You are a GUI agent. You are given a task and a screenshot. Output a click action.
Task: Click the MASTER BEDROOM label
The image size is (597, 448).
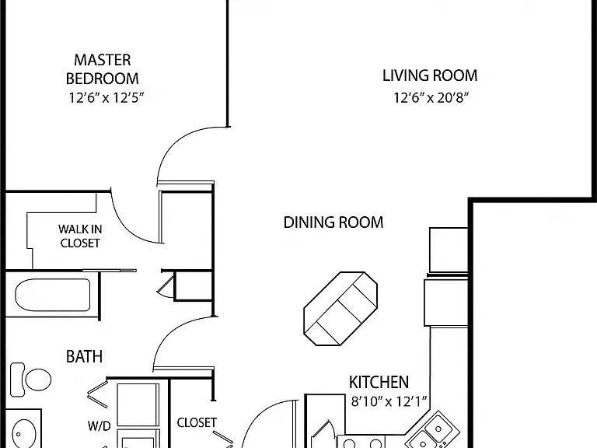103,69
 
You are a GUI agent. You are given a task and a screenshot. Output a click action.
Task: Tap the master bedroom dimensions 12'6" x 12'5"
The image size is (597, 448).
106,98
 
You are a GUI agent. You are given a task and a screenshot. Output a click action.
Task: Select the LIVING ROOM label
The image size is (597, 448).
430,75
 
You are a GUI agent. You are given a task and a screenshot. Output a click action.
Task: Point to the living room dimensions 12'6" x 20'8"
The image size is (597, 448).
431,98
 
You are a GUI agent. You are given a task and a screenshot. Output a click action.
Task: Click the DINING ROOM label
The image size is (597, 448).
333,222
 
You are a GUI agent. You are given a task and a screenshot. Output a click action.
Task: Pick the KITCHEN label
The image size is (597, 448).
379,382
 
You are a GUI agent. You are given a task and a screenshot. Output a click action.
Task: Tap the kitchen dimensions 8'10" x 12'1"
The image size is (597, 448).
389,401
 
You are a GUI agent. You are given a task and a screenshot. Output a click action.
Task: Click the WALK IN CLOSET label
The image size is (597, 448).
80,236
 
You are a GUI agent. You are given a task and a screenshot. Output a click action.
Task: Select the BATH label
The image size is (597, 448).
84,356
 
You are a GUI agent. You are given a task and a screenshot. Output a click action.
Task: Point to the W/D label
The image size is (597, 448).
99,426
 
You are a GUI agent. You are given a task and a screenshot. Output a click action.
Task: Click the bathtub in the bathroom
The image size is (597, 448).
53,296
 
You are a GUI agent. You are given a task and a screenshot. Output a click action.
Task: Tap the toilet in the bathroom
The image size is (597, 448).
31,380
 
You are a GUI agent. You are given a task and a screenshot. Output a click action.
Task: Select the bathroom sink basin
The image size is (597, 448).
24,434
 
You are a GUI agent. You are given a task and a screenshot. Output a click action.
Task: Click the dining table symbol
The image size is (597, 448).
340,309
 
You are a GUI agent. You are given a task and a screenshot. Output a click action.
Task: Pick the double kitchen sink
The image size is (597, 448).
432,429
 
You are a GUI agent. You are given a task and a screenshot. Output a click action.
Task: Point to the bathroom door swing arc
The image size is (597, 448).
170,331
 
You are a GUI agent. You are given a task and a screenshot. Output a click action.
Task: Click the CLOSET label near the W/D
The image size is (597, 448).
197,422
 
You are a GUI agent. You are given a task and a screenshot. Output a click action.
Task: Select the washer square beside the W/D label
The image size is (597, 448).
138,404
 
